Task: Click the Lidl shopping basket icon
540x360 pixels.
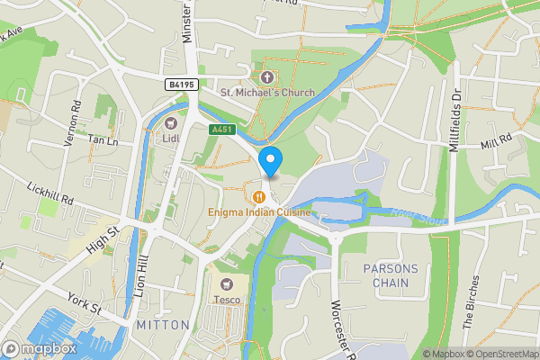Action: click(171, 122)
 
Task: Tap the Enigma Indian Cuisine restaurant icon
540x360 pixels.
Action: click(258, 196)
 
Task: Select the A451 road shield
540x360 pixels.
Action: click(221, 130)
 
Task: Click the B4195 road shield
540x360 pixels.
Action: click(181, 84)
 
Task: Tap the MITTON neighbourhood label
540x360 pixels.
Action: click(163, 324)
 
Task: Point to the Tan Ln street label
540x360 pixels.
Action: click(103, 141)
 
